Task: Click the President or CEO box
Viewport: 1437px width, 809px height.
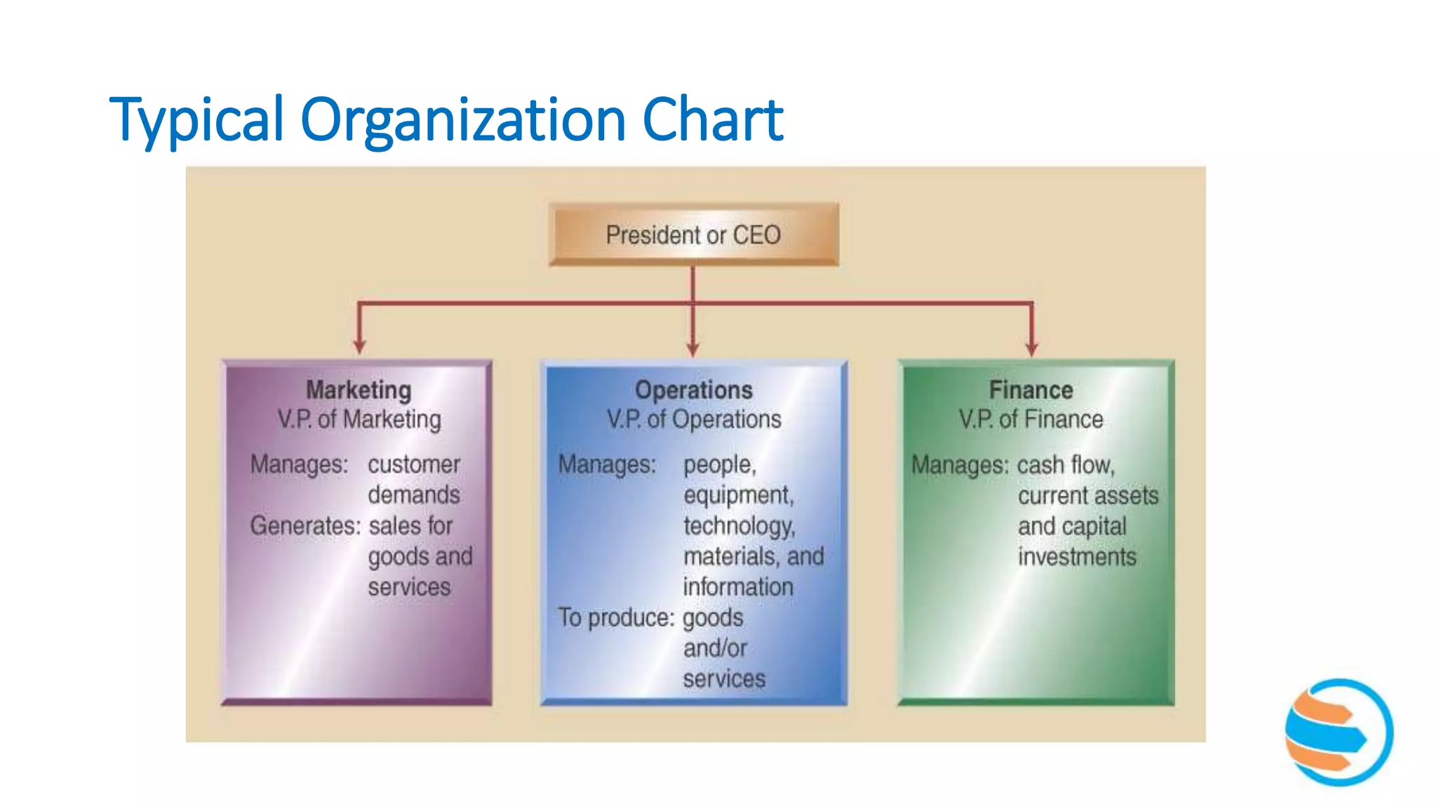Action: pos(693,235)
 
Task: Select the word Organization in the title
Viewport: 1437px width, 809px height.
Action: pos(462,120)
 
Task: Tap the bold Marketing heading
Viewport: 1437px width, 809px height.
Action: pos(359,390)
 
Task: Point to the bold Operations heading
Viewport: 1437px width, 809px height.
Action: pos(693,390)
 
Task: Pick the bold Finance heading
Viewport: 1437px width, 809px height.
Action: pos(1031,390)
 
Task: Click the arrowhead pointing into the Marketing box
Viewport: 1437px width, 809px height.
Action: pos(359,346)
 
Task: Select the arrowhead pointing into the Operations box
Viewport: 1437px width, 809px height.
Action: pos(693,348)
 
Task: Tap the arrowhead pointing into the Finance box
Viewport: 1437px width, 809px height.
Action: pos(1031,348)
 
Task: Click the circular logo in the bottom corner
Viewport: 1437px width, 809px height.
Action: pos(1339,732)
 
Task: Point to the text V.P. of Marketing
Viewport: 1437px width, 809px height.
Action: pos(359,419)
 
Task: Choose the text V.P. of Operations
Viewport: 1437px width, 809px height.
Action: pos(694,419)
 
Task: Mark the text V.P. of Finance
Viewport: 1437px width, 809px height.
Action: pos(1031,419)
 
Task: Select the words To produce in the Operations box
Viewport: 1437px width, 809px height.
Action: pos(615,617)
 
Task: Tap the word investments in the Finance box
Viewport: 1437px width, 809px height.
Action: pos(1077,557)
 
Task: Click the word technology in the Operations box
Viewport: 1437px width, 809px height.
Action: pos(739,526)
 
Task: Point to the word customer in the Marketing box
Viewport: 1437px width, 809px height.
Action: pos(414,464)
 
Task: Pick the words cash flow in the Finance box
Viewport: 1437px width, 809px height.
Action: pos(1065,465)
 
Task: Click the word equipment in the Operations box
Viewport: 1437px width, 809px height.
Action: pos(738,495)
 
